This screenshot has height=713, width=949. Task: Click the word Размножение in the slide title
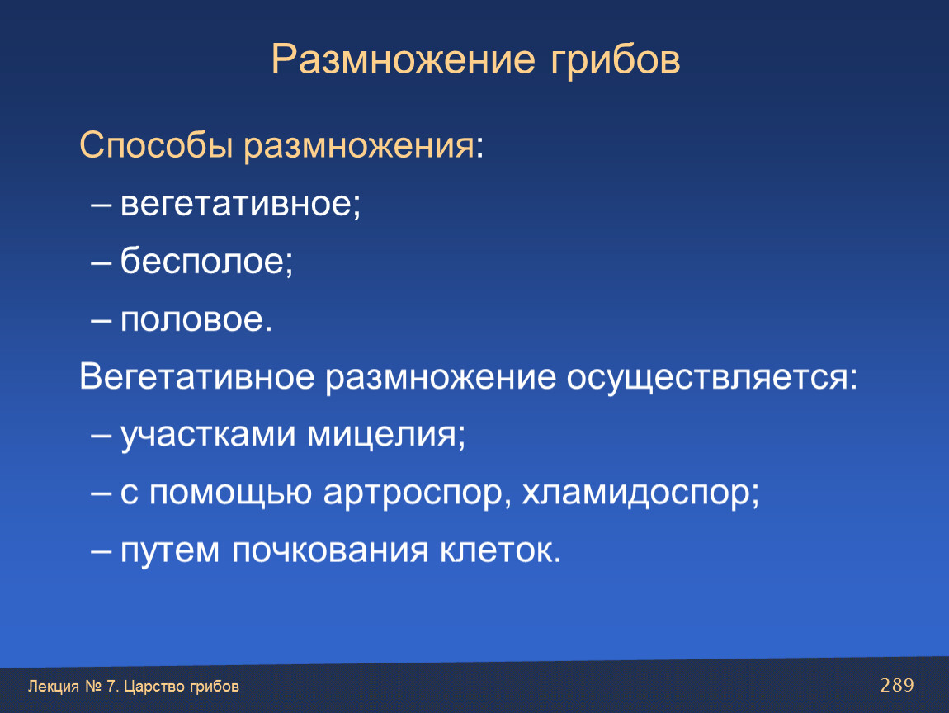[403, 59]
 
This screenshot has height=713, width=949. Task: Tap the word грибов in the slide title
[616, 60]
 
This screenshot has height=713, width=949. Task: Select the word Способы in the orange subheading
[156, 146]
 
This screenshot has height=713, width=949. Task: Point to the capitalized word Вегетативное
[197, 376]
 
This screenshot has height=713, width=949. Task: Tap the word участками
[209, 435]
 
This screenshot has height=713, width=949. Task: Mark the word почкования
[330, 550]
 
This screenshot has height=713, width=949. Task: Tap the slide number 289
[897, 685]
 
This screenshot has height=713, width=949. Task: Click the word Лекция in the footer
[54, 687]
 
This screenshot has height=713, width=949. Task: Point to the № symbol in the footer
[93, 687]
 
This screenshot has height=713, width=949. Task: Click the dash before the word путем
[101, 551]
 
